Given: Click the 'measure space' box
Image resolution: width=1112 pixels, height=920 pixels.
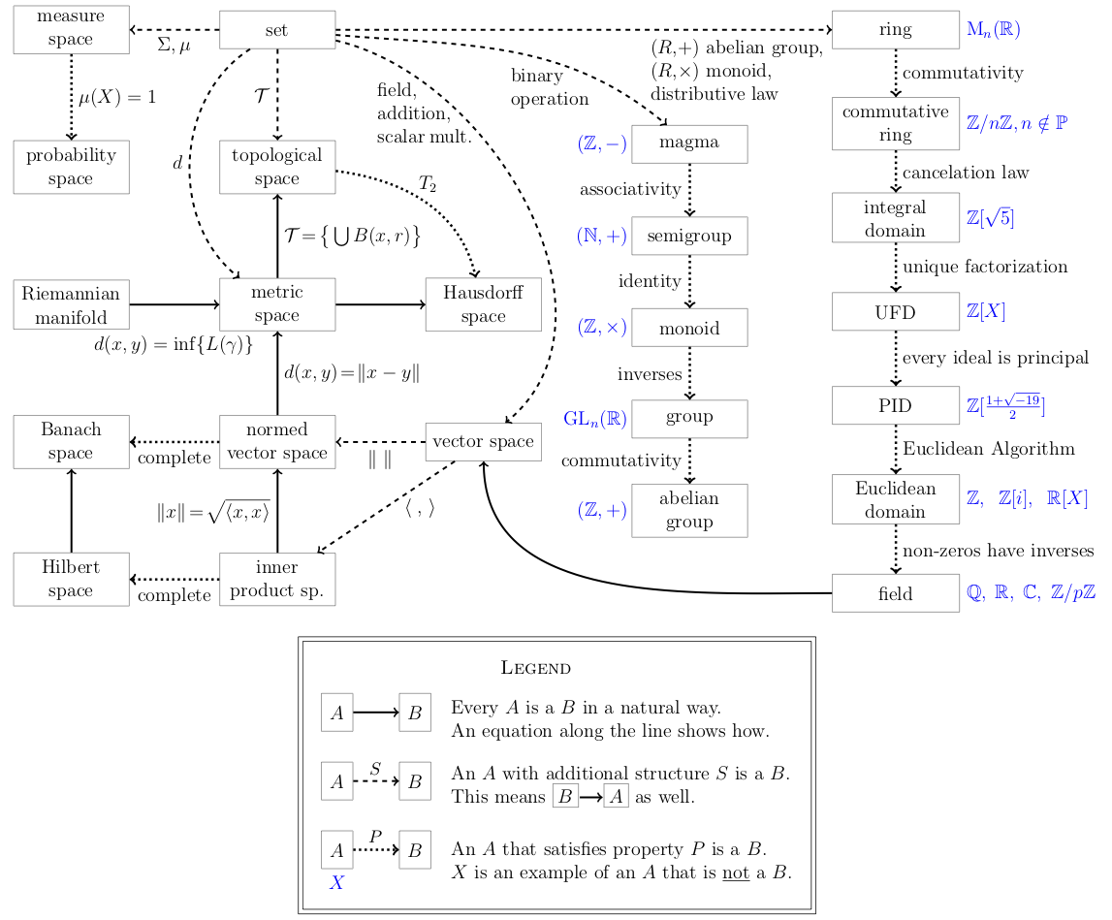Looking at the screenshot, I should click(x=71, y=29).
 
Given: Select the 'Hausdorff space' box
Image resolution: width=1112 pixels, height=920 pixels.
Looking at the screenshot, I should click(x=483, y=304).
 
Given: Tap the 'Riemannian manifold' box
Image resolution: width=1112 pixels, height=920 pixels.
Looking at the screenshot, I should click(x=71, y=304).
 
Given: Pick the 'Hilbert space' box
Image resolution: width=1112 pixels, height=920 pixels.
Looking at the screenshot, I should click(x=71, y=579).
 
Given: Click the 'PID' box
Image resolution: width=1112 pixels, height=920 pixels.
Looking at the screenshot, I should click(x=895, y=405).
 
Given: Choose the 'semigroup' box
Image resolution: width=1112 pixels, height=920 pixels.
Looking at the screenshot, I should click(x=689, y=236).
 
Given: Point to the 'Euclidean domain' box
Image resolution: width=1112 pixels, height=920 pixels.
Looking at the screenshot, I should click(x=895, y=499).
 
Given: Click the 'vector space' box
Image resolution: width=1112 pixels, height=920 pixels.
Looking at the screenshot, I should click(x=483, y=442).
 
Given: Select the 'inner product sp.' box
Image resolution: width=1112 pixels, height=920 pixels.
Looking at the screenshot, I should click(x=277, y=579).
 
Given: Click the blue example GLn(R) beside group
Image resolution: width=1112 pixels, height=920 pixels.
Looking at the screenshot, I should click(x=595, y=419).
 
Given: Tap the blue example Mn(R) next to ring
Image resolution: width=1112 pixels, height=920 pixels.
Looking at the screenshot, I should click(x=994, y=29).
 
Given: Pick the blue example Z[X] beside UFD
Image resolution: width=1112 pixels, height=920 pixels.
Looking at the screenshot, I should click(x=986, y=311).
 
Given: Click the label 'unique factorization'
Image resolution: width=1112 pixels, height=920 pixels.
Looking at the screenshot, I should click(x=985, y=267).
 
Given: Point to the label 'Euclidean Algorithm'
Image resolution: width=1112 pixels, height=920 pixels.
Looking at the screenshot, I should click(x=989, y=449).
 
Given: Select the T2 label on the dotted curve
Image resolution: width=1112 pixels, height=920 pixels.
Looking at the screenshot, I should click(x=427, y=183).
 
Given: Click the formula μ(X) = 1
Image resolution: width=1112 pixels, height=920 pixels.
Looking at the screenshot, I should click(x=116, y=98).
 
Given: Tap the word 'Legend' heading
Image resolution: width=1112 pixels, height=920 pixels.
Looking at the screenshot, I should click(x=535, y=668).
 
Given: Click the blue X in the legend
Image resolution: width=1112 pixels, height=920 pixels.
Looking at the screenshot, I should click(x=336, y=883).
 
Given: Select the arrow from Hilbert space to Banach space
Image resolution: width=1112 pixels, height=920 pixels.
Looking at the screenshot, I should click(x=71, y=510).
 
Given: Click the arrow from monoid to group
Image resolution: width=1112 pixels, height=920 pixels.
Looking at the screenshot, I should click(x=689, y=373).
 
